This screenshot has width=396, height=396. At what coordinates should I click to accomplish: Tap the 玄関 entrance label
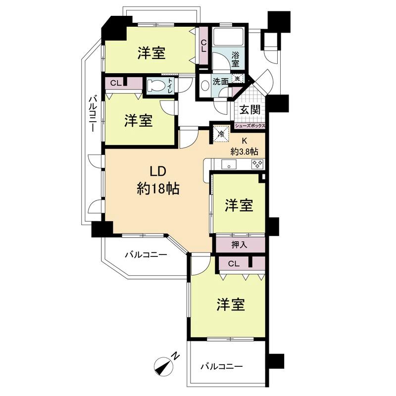pyautogui.click(x=250, y=110)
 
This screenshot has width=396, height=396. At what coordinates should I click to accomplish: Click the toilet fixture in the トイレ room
pyautogui.click(x=158, y=85)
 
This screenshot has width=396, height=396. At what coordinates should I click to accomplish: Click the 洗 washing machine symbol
pyautogui.click(x=237, y=78)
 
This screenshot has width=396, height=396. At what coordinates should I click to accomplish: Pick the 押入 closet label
pyautogui.click(x=239, y=244)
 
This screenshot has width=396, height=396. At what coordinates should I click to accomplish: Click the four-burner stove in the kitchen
pyautogui.click(x=256, y=164)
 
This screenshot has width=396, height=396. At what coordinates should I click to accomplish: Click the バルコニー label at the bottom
pyautogui.click(x=221, y=367)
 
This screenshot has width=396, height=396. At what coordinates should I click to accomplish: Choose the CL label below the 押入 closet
pyautogui.click(x=234, y=264)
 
